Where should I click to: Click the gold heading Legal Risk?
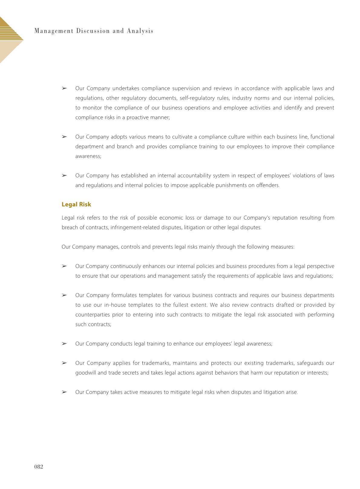click(76, 204)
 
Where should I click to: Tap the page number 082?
click(39, 467)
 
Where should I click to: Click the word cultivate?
click(182, 137)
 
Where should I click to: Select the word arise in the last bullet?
click(291, 392)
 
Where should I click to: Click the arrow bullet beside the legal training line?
click(64, 344)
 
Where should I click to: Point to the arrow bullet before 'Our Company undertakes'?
click(64, 88)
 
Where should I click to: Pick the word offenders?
click(268, 185)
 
